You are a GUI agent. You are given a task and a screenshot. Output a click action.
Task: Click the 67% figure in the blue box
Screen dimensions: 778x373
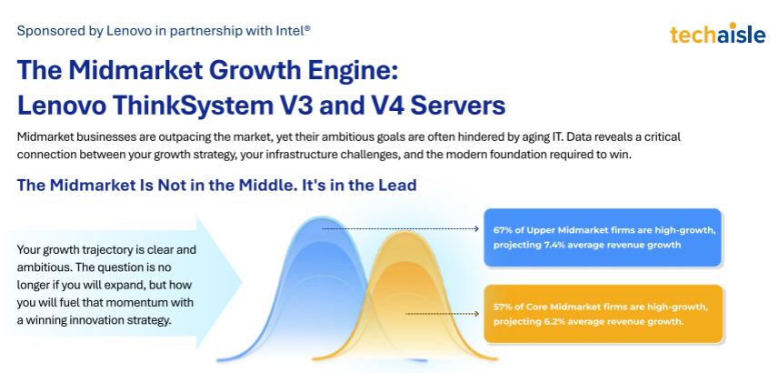[503, 230]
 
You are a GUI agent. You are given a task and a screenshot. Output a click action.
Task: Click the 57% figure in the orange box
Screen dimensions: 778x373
[503, 307]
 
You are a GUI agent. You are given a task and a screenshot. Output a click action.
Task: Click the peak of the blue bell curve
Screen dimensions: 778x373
[323, 217]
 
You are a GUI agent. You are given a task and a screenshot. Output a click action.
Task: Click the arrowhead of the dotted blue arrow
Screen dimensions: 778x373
[477, 229]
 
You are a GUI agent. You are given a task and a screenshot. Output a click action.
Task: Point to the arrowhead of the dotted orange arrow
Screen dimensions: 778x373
[477, 314]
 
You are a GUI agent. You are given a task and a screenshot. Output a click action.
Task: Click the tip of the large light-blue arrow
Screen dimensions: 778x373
[242, 282]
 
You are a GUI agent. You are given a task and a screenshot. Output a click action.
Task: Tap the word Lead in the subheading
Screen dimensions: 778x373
[398, 186]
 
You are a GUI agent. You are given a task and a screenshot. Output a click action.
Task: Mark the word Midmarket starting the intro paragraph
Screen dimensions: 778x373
[42, 137]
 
